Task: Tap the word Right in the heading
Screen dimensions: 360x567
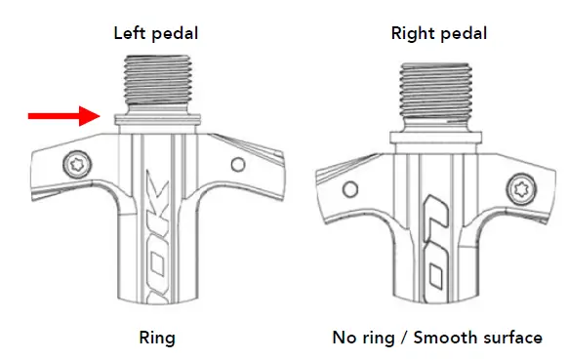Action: click(x=412, y=33)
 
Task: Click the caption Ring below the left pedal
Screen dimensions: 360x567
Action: click(x=157, y=339)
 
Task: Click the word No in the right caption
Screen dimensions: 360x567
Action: click(x=344, y=339)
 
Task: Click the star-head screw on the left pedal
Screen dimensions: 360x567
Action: click(x=74, y=162)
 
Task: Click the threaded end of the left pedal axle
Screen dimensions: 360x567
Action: click(x=156, y=89)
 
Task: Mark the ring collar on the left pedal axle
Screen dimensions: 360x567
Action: click(x=156, y=121)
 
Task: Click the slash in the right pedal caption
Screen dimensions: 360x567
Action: click(x=403, y=339)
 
